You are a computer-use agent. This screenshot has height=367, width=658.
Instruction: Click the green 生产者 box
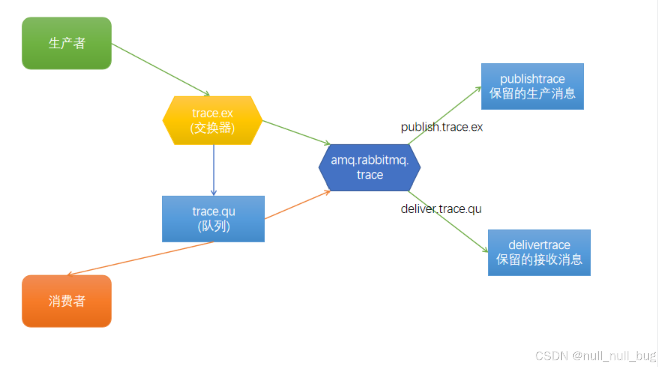click(x=66, y=43)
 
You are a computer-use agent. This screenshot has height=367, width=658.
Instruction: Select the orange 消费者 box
click(x=66, y=301)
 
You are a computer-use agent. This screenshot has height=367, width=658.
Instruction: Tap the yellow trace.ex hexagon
click(x=212, y=120)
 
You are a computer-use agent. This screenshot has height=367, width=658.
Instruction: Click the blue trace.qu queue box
click(x=213, y=219)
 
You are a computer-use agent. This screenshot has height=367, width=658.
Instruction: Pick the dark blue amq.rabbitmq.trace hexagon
click(x=370, y=167)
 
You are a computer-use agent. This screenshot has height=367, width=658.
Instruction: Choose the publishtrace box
click(x=532, y=86)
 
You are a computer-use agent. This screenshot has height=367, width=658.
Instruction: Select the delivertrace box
click(x=539, y=252)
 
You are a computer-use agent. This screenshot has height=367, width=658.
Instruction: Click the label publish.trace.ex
click(x=442, y=127)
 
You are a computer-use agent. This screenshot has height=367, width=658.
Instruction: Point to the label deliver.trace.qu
click(x=441, y=209)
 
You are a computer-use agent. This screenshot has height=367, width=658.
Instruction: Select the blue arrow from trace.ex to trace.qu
click(x=214, y=170)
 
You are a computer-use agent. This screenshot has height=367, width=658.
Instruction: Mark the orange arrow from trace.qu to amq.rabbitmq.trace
click(x=297, y=205)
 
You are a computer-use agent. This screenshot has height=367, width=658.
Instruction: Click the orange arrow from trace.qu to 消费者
click(x=140, y=259)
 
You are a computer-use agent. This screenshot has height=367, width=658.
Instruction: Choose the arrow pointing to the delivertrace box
click(x=448, y=221)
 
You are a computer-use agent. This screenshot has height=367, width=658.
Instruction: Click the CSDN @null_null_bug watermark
click(x=595, y=356)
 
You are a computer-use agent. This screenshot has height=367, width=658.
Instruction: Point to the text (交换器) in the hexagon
click(x=212, y=128)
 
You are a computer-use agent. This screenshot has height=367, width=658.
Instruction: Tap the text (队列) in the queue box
click(x=214, y=226)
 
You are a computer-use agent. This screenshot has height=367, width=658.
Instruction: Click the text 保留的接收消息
click(x=539, y=259)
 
